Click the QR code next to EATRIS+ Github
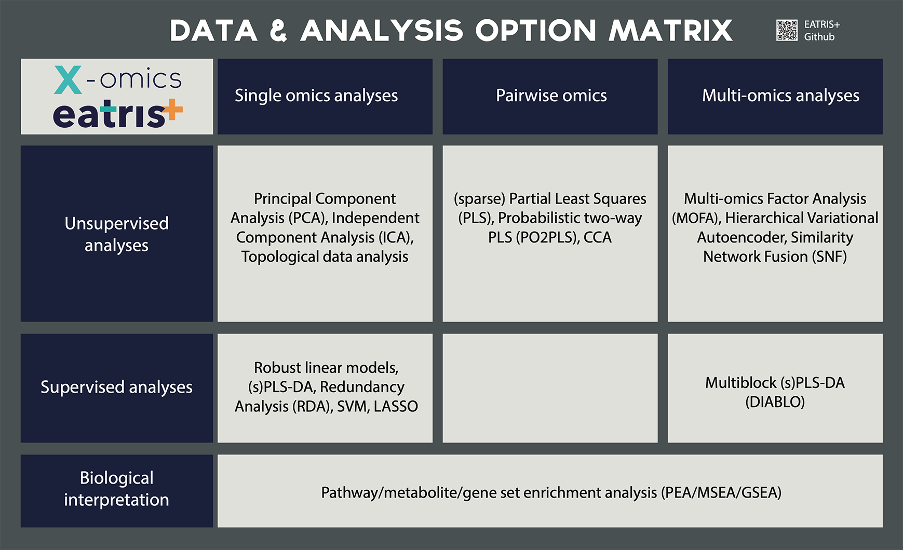(x=787, y=30)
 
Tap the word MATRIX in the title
(x=670, y=31)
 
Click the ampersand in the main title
(x=279, y=31)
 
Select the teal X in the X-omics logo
(x=68, y=80)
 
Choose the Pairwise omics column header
(x=551, y=96)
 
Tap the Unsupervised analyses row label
(x=116, y=234)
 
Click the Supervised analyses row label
(x=116, y=387)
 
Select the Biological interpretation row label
(x=116, y=489)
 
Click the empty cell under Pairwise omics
(x=550, y=388)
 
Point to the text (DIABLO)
(x=775, y=402)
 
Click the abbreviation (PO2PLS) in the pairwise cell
(x=547, y=238)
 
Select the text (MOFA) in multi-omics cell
(x=696, y=218)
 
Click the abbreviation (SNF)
(x=829, y=257)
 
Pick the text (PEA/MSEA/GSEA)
(x=721, y=493)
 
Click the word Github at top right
(x=819, y=37)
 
